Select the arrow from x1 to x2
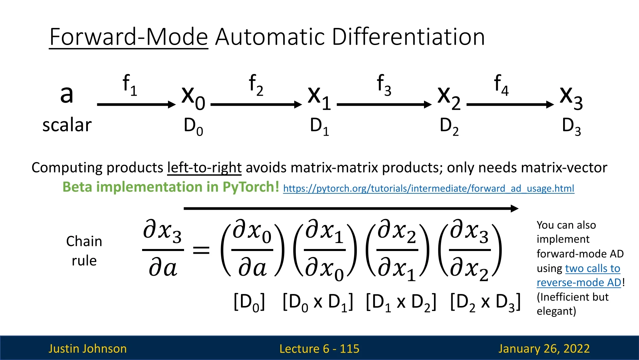click(384, 105)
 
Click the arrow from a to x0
click(136, 105)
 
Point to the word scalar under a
click(67, 125)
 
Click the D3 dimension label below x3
click(571, 127)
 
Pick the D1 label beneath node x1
click(319, 127)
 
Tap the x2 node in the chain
click(449, 98)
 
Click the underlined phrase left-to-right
click(204, 168)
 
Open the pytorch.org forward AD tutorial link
click(429, 189)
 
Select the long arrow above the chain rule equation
click(351, 209)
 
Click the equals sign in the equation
click(201, 250)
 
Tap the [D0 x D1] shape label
click(318, 303)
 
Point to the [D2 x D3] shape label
click(485, 303)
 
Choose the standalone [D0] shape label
click(249, 303)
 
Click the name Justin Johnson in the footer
click(88, 349)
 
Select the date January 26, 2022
click(544, 349)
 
